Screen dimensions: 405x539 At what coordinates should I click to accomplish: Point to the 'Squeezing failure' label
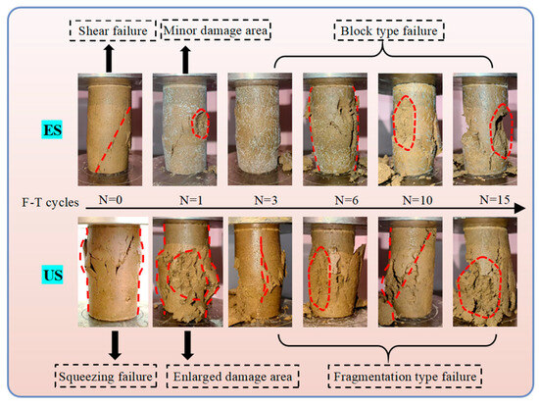pyautogui.click(x=109, y=376)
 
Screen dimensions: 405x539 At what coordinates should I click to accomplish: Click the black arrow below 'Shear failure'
pyautogui.click(x=108, y=58)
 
